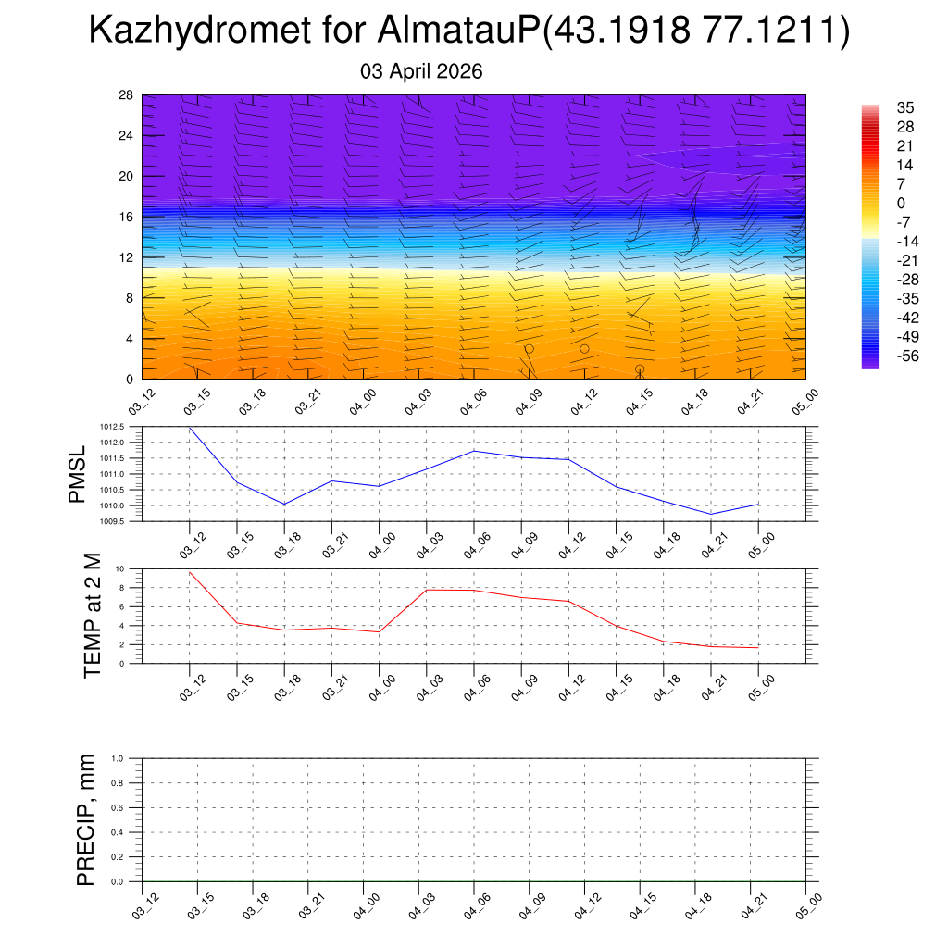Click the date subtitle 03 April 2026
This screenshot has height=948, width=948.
click(421, 71)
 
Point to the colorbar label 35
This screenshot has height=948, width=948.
click(906, 107)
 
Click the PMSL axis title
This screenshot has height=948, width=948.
click(77, 475)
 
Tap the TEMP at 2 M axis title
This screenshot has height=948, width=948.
click(92, 616)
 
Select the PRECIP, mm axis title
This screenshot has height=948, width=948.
click(86, 820)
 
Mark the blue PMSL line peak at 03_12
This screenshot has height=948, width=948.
click(190, 428)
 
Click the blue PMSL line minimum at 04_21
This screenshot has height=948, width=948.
click(711, 514)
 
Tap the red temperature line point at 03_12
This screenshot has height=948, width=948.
click(190, 572)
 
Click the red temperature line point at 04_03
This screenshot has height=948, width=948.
click(427, 590)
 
